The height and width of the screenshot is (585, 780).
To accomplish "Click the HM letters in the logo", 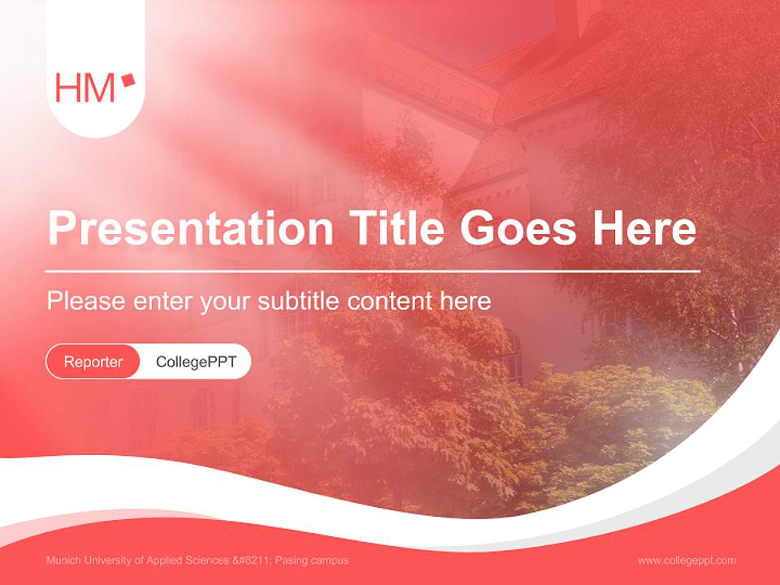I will click(x=84, y=88).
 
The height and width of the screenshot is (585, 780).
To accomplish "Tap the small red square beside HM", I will click(x=128, y=80).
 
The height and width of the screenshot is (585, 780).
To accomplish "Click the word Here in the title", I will click(x=644, y=229).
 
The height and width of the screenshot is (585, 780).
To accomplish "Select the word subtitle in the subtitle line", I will click(x=299, y=301).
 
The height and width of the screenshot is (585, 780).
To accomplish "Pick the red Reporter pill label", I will click(x=93, y=362).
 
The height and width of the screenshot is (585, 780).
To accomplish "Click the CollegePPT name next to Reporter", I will click(x=196, y=362).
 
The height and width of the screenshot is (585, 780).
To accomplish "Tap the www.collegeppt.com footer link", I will click(x=687, y=560).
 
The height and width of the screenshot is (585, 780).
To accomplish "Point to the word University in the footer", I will click(x=106, y=561).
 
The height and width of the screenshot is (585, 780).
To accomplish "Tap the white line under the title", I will click(x=373, y=271).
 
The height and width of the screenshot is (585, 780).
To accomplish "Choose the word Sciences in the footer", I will click(x=208, y=561).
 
